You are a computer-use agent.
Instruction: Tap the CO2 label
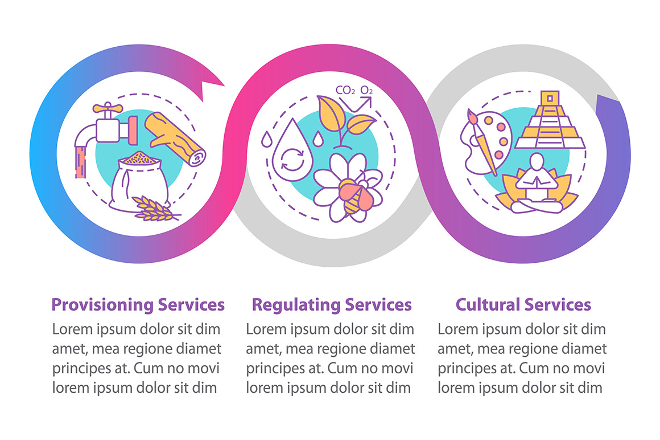tap(345, 90)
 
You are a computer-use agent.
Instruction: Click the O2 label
tap(368, 90)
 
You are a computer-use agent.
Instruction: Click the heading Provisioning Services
tap(138, 304)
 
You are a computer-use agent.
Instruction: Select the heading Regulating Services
tap(332, 304)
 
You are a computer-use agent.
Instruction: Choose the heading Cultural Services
tap(523, 304)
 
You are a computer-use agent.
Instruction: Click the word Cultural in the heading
tap(488, 304)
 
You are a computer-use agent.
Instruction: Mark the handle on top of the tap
tap(106, 108)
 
